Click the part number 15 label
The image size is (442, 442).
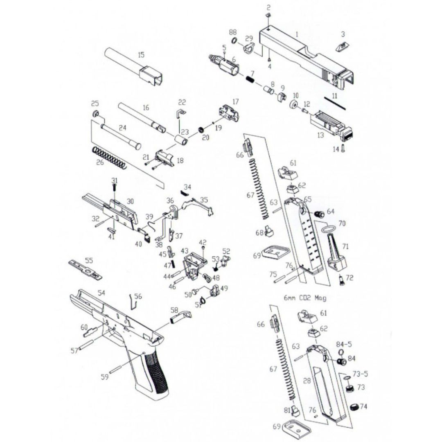pos(141,54)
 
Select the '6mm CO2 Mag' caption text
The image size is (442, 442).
pos(305,298)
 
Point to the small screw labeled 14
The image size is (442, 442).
pos(343,148)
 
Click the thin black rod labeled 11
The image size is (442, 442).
pos(335,104)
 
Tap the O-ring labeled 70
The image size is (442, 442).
pos(329,229)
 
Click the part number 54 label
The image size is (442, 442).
pos(101,293)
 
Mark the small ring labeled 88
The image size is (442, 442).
pos(234,41)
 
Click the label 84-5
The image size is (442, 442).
pos(344,344)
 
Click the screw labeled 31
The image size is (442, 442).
pos(114,187)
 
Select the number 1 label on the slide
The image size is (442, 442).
pos(297,34)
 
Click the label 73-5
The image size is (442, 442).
pos(360,374)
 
